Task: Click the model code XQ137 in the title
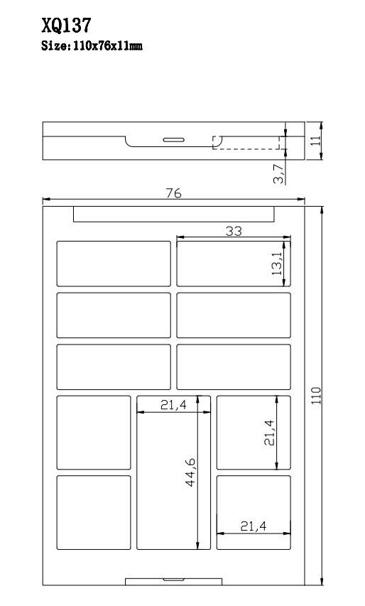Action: [67, 26]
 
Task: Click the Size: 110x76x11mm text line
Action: [92, 46]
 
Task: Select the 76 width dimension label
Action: [173, 193]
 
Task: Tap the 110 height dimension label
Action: [316, 396]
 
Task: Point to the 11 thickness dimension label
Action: [316, 140]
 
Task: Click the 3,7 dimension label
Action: [278, 173]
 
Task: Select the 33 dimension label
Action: [234, 231]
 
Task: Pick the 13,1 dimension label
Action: [276, 263]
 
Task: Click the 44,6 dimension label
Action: [190, 472]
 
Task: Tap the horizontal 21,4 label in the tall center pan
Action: [173, 405]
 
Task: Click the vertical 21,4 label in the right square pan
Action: [269, 433]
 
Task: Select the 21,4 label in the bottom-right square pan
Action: [254, 526]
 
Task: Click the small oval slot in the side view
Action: [173, 140]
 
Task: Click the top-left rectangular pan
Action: [114, 264]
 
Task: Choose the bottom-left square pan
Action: [94, 512]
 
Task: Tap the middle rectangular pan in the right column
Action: [234, 315]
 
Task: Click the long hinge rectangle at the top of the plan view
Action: [174, 214]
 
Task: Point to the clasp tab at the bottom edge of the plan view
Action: [174, 582]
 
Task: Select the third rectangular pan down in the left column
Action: [114, 367]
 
